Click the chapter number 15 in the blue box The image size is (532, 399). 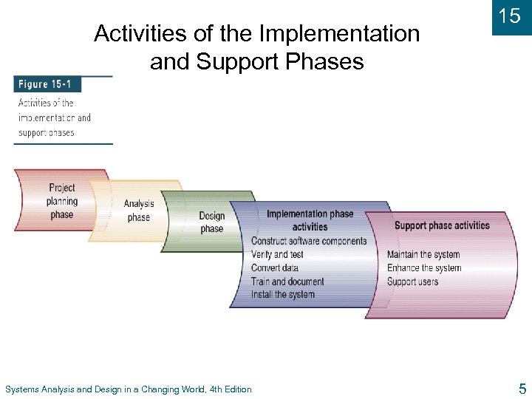510,16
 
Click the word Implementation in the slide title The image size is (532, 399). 339,34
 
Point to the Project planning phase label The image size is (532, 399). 62,201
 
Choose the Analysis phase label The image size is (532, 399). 139,211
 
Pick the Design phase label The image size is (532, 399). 211,222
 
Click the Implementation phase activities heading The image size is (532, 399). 310,220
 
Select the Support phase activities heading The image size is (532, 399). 442,225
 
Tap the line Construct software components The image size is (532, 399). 309,241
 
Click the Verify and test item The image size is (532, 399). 277,254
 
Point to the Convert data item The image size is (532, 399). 275,267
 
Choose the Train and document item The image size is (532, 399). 287,282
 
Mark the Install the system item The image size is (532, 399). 283,295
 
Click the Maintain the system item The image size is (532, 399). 423,255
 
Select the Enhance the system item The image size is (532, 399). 424,268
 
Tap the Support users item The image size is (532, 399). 412,282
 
